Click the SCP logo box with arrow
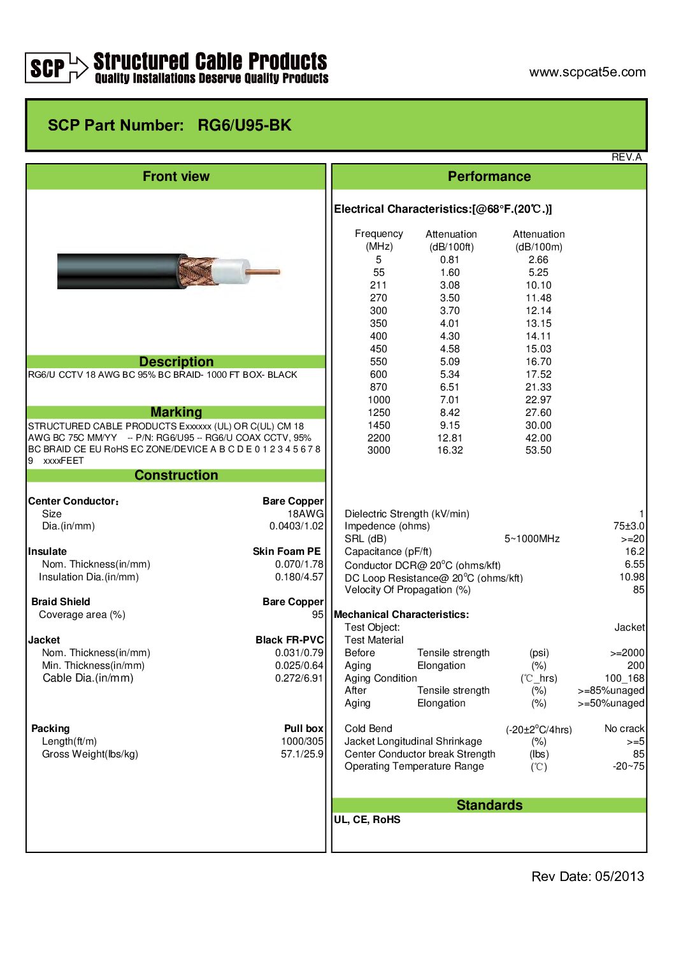pyautogui.click(x=56, y=68)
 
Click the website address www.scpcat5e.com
pyautogui.click(x=587, y=72)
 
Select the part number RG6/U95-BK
pyautogui.click(x=244, y=125)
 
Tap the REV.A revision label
pyautogui.click(x=626, y=157)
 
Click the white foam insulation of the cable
pyautogui.click(x=231, y=272)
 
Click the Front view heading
pyautogui.click(x=176, y=176)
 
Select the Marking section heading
pyautogui.click(x=176, y=412)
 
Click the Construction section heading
pyautogui.click(x=176, y=475)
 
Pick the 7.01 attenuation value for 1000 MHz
pyautogui.click(x=449, y=399)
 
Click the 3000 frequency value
pyautogui.click(x=378, y=450)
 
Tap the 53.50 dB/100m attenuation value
pyautogui.click(x=538, y=450)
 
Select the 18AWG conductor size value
pyautogui.click(x=305, y=513)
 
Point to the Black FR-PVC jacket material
pyautogui.click(x=289, y=640)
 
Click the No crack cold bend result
pyautogui.click(x=624, y=728)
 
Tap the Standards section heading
pyautogui.click(x=489, y=805)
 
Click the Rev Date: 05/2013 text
pyautogui.click(x=587, y=877)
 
